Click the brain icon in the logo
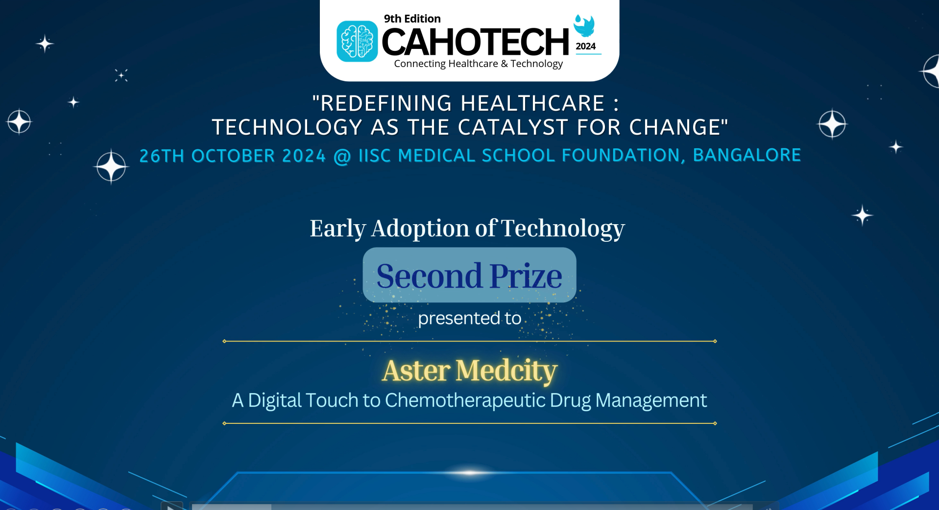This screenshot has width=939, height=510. (x=357, y=41)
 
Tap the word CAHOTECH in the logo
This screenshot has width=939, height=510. (x=475, y=42)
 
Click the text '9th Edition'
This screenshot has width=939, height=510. (x=412, y=19)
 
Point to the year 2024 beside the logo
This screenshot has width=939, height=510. (x=585, y=46)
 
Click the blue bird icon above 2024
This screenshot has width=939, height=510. (x=584, y=25)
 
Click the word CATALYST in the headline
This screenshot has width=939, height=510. (x=513, y=127)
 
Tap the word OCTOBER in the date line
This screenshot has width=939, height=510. (x=233, y=156)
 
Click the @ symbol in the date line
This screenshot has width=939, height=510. (x=342, y=156)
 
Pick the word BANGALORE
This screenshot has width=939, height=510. (x=746, y=155)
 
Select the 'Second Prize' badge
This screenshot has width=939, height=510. (x=469, y=275)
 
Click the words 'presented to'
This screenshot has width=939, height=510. (x=469, y=318)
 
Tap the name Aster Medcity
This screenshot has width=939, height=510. (x=469, y=370)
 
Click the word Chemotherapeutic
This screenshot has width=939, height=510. (x=465, y=400)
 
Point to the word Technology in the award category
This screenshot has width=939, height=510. (x=562, y=228)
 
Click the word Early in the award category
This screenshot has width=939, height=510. (x=337, y=228)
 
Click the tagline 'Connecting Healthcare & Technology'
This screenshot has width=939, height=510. (x=478, y=64)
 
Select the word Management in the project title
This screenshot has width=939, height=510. (x=650, y=400)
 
